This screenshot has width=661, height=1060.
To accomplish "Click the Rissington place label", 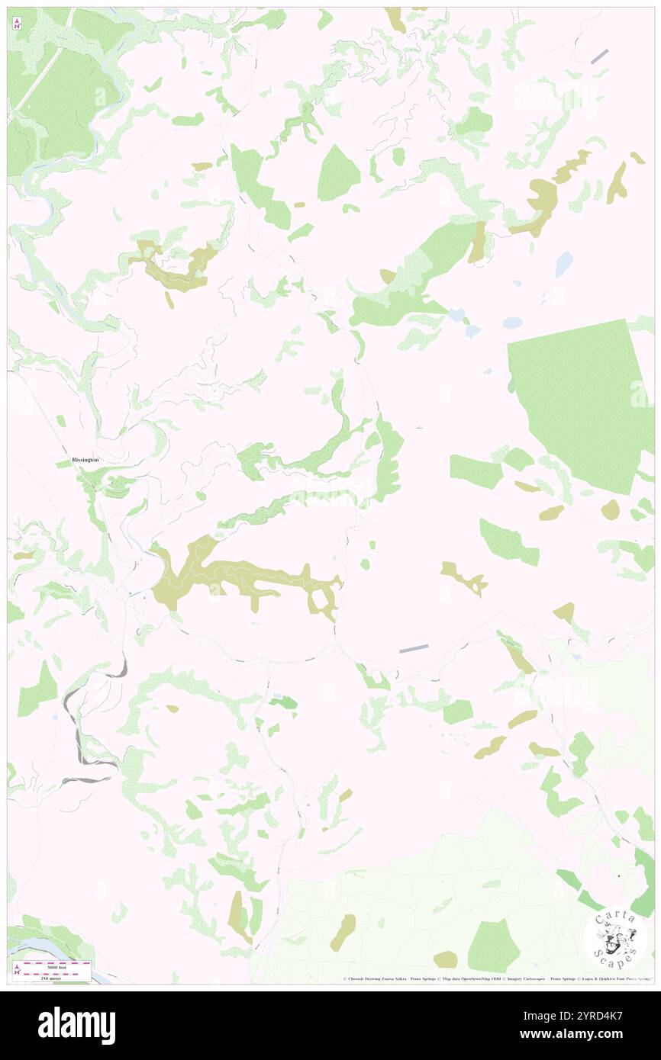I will (x=85, y=461).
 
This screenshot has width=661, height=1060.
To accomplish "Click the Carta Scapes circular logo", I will (x=615, y=938).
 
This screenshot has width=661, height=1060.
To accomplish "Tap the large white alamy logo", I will (x=76, y=1025).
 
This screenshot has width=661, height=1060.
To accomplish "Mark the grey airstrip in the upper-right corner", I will (x=599, y=56).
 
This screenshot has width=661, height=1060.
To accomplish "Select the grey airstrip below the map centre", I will (x=414, y=648).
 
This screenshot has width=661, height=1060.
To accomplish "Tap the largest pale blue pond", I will (x=564, y=264).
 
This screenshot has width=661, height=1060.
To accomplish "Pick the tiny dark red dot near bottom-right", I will (x=618, y=875).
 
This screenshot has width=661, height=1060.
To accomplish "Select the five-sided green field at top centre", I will (x=338, y=174).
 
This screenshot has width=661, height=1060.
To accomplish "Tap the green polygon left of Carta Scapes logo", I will (x=492, y=946).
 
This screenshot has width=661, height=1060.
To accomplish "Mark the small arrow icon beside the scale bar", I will (x=17, y=969).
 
